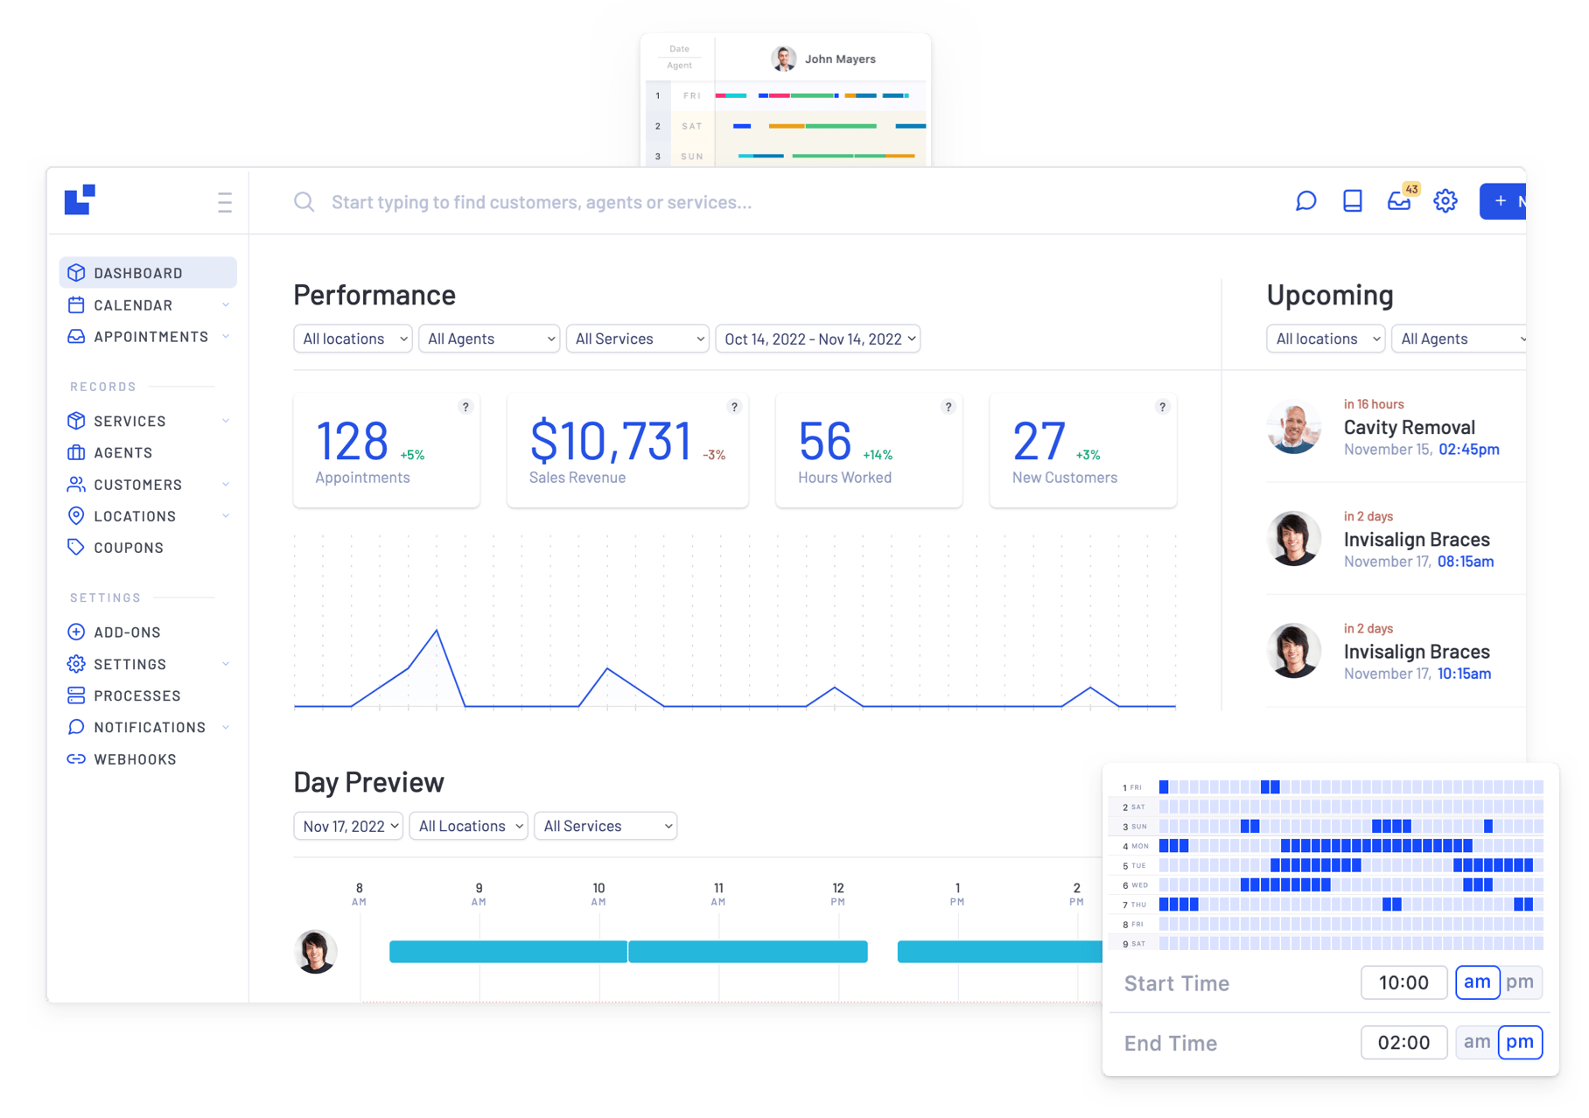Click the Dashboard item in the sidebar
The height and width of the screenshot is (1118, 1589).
[x=138, y=273]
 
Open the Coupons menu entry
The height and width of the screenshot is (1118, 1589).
[x=128, y=548]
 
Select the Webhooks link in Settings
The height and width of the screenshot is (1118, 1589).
[x=135, y=759]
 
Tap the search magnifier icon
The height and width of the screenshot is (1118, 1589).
[x=304, y=202]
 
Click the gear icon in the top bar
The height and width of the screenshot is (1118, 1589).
[x=1445, y=201]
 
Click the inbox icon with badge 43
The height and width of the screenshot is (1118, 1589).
[x=1399, y=201]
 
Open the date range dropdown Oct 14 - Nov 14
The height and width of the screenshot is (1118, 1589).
[x=818, y=339]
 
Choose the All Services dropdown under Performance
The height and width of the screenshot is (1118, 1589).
[x=637, y=339]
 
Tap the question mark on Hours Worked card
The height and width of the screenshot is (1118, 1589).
[x=948, y=407]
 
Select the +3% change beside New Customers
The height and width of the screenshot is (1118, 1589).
[x=1088, y=455]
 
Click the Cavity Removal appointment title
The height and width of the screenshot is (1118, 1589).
[x=1409, y=428]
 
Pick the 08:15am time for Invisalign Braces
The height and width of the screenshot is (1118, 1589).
[x=1466, y=562]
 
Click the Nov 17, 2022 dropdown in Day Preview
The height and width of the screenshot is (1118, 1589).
[x=348, y=826]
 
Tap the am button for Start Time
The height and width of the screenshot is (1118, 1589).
[x=1477, y=982]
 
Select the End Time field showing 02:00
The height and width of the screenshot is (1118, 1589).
[x=1403, y=1043]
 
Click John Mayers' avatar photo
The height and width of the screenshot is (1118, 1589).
[x=783, y=59]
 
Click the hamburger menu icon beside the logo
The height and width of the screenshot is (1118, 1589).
[x=225, y=202]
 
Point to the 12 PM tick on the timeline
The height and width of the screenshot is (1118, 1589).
[x=838, y=894]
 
